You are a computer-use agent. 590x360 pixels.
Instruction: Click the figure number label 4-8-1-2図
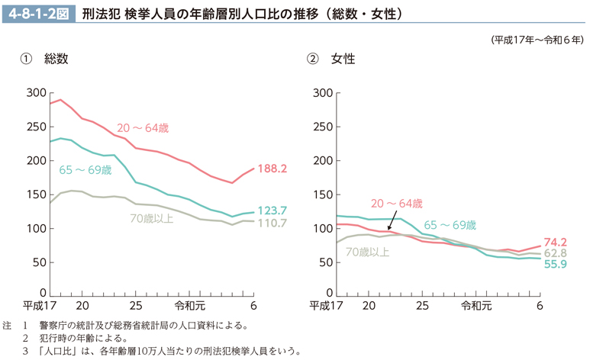point(39,13)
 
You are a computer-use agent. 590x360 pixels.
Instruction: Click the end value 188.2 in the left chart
point(272,169)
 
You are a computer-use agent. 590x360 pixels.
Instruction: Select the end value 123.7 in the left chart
point(272,211)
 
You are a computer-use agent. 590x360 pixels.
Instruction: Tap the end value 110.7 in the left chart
point(272,223)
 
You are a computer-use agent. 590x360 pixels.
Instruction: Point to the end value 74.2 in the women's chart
point(555,242)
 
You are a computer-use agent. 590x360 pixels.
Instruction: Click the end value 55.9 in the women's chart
point(555,265)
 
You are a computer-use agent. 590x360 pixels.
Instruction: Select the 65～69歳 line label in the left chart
point(85,169)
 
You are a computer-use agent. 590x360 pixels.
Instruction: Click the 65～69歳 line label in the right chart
point(450,225)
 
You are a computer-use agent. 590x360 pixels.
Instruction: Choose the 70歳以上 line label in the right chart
point(367,251)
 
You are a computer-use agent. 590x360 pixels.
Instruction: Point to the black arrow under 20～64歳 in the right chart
point(392,222)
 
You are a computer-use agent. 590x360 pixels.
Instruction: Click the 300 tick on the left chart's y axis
point(36,93)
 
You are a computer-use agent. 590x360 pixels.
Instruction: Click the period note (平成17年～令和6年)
point(538,40)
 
